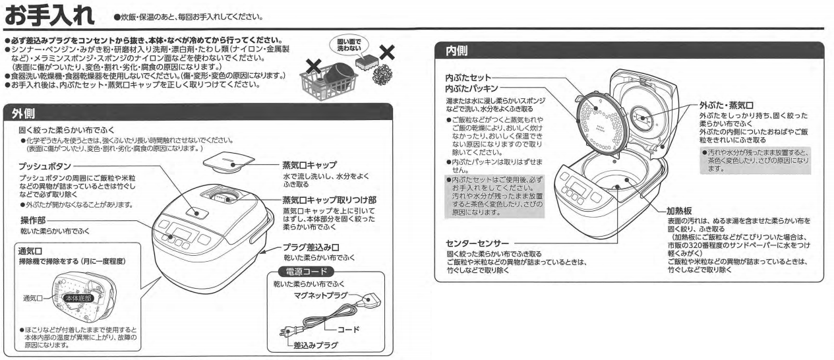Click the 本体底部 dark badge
[76, 298]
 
